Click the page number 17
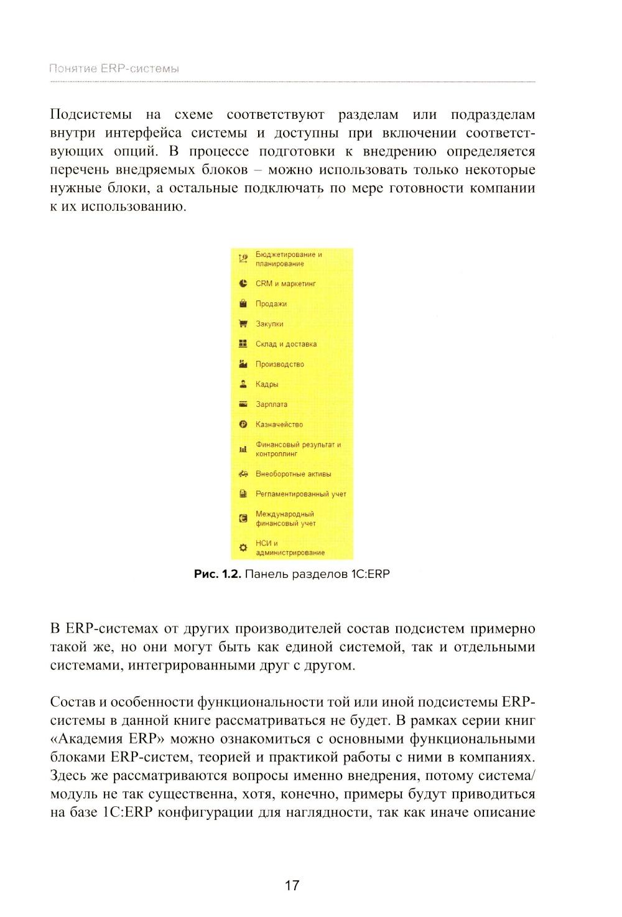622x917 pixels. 292,885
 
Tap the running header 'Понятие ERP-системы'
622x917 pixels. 114,68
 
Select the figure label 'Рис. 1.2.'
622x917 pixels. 216,574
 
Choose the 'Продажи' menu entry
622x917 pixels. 271,304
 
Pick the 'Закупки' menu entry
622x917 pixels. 269,324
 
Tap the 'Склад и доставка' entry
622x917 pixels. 286,344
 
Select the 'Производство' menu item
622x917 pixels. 280,364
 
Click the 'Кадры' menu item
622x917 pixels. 267,384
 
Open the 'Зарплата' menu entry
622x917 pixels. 271,404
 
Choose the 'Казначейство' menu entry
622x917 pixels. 279,424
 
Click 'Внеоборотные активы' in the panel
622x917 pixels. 293,474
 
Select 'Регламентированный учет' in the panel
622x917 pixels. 300,494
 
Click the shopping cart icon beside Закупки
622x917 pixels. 243,324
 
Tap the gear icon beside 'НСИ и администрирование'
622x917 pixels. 243,547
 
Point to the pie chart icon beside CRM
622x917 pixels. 243,284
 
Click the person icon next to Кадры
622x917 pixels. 243,384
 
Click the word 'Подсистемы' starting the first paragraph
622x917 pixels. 90,114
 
